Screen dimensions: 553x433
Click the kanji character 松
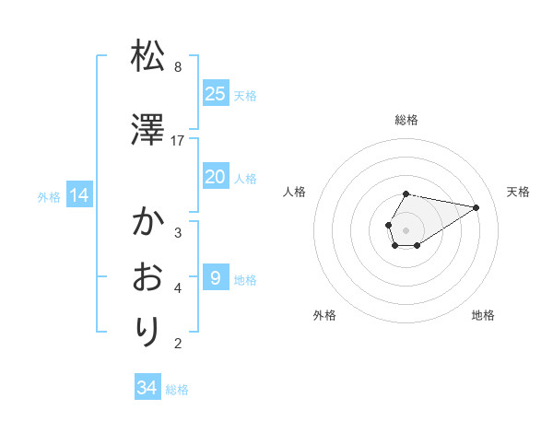[148, 57]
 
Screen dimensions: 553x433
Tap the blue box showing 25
[215, 93]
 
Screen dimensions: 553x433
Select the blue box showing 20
[215, 177]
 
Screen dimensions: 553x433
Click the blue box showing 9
[215, 277]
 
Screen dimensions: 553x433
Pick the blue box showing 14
[78, 195]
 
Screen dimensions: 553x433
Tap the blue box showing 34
[147, 388]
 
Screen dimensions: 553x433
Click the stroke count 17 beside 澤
[178, 140]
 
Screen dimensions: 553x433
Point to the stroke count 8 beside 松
[178, 67]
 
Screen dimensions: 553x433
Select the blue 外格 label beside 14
[49, 196]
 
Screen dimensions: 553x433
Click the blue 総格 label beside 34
[177, 390]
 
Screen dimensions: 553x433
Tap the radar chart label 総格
[406, 120]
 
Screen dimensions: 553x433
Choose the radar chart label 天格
[518, 192]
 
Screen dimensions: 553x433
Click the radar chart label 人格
[294, 192]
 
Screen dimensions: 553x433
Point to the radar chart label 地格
[483, 315]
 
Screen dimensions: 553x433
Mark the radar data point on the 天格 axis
[477, 207]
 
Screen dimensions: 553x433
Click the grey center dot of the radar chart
[406, 230]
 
